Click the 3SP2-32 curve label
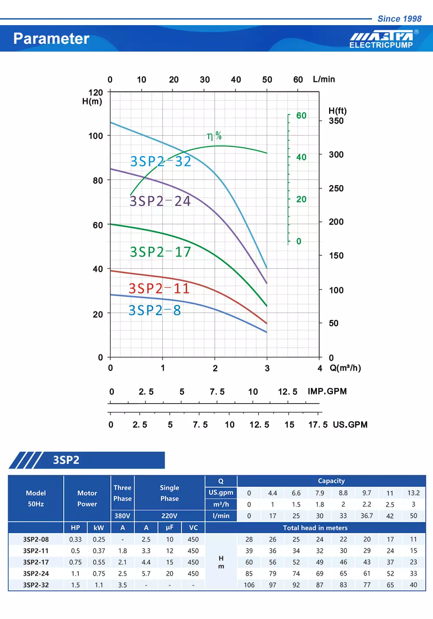click(x=161, y=161)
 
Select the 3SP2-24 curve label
click(x=160, y=201)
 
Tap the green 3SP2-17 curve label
click(x=160, y=252)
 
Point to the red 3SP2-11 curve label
click(x=159, y=288)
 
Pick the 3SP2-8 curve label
click(x=155, y=310)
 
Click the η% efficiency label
click(x=214, y=136)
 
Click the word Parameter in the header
click(x=51, y=39)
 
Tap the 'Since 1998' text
click(x=399, y=19)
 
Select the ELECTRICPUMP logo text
click(x=381, y=45)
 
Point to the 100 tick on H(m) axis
click(x=96, y=136)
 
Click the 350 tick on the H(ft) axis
click(x=336, y=121)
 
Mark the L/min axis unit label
click(x=324, y=79)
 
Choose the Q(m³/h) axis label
click(x=345, y=368)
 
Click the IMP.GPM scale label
click(x=327, y=391)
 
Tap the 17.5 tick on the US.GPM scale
click(x=318, y=425)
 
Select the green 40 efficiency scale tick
click(x=301, y=157)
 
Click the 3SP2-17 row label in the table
click(x=36, y=562)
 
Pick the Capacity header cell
click(x=331, y=481)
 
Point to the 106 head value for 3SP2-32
click(x=249, y=585)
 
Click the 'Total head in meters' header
click(x=315, y=528)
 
